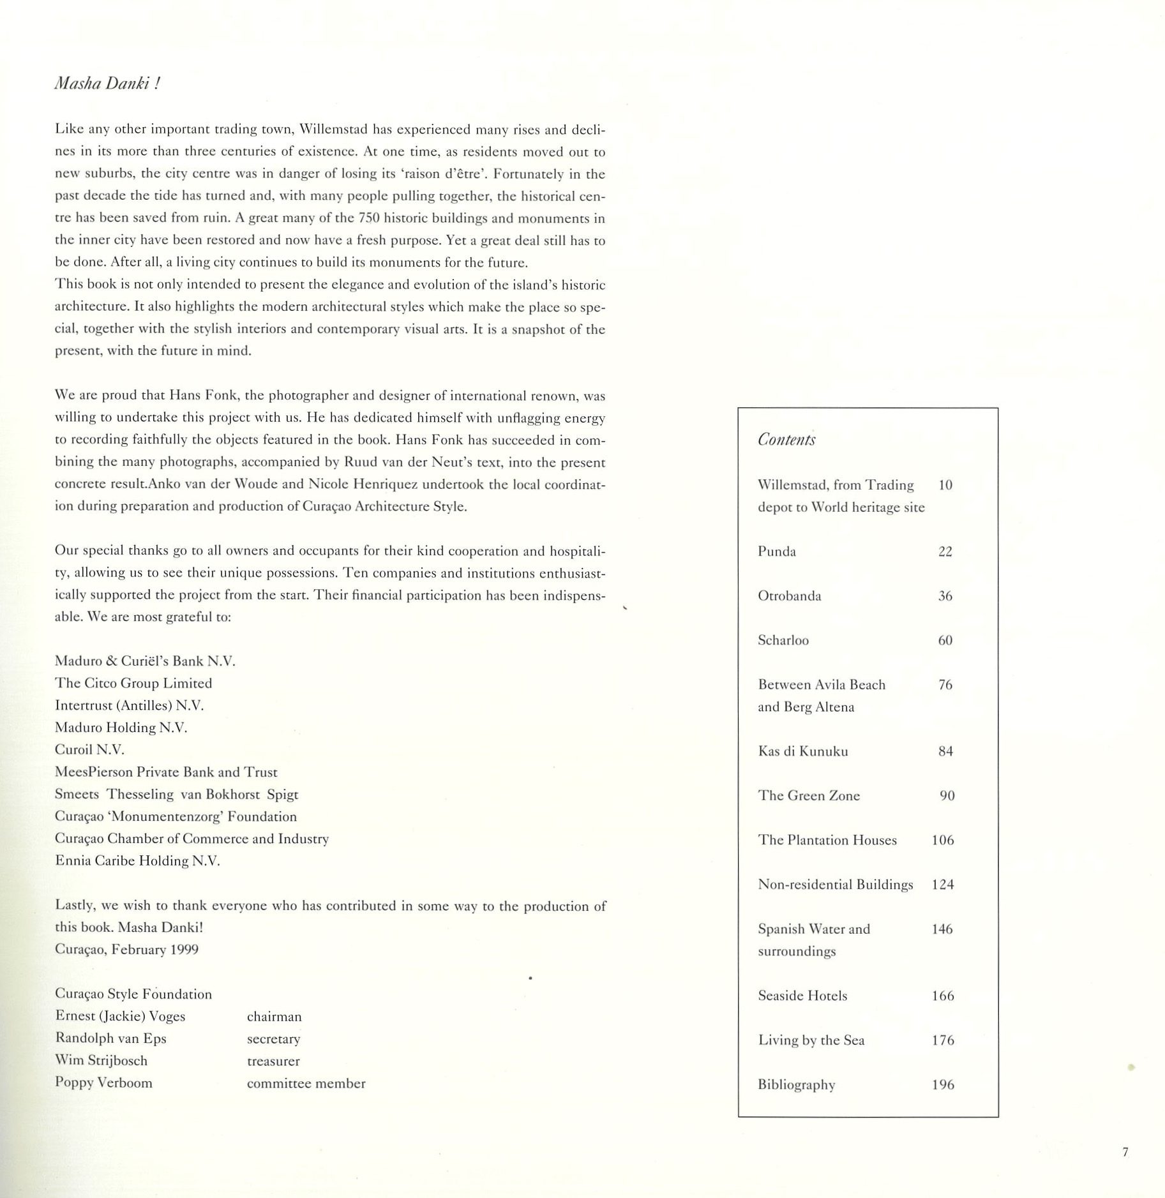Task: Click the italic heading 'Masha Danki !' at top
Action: click(x=107, y=84)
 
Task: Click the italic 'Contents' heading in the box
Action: click(x=786, y=440)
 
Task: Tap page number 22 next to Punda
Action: click(x=945, y=551)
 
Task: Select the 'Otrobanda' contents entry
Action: click(x=790, y=596)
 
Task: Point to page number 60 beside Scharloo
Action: click(x=945, y=640)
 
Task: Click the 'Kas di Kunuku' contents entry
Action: click(x=803, y=751)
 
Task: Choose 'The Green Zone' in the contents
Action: click(x=809, y=796)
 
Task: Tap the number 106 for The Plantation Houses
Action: click(x=943, y=840)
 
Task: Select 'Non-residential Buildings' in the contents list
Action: click(x=836, y=885)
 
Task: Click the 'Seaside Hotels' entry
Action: click(x=802, y=996)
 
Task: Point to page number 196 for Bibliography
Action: click(x=943, y=1084)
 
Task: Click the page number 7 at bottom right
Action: click(x=1125, y=1152)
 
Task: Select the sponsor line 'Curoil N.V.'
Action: click(x=89, y=750)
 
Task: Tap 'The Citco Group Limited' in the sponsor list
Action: click(x=133, y=683)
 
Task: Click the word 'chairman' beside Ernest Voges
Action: click(x=274, y=1017)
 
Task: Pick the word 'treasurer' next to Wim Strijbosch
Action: click(x=273, y=1061)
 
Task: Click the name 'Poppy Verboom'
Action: click(x=103, y=1082)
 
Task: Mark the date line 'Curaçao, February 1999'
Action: click(x=126, y=949)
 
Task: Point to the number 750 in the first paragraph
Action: click(x=370, y=218)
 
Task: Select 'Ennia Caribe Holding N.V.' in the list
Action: click(x=137, y=860)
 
